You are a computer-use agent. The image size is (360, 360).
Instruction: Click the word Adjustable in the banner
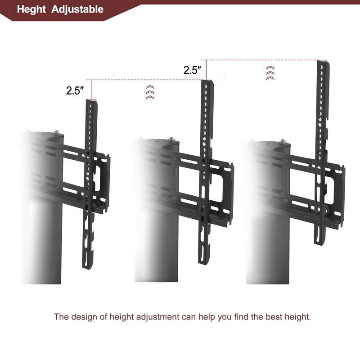coord(77,9)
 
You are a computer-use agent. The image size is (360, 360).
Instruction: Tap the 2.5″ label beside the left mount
coord(75,90)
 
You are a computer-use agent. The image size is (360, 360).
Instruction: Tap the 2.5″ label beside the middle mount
coord(192,70)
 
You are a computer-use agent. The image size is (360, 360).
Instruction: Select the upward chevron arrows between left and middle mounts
coord(150,91)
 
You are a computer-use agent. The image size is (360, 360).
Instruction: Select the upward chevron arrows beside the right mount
coord(270,72)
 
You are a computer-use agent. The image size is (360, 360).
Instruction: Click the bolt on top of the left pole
coord(57,133)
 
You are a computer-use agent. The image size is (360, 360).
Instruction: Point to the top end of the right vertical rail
coord(322,62)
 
